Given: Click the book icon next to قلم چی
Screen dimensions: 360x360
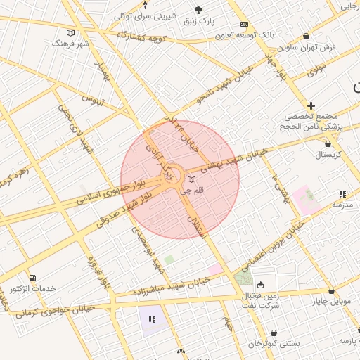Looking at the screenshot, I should click(192, 179).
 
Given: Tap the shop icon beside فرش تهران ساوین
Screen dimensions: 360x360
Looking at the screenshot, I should click(306, 37).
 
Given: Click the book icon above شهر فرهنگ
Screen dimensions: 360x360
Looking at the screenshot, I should click(70, 32).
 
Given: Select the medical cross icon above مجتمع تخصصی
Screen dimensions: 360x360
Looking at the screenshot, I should click(311, 105).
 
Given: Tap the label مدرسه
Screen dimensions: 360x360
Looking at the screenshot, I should click(342, 205).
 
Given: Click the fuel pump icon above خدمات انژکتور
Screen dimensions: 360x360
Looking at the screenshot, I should click(32, 278).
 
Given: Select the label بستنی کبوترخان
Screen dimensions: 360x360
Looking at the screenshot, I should click(274, 344).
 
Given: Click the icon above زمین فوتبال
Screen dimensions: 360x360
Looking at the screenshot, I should click(261, 285).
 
